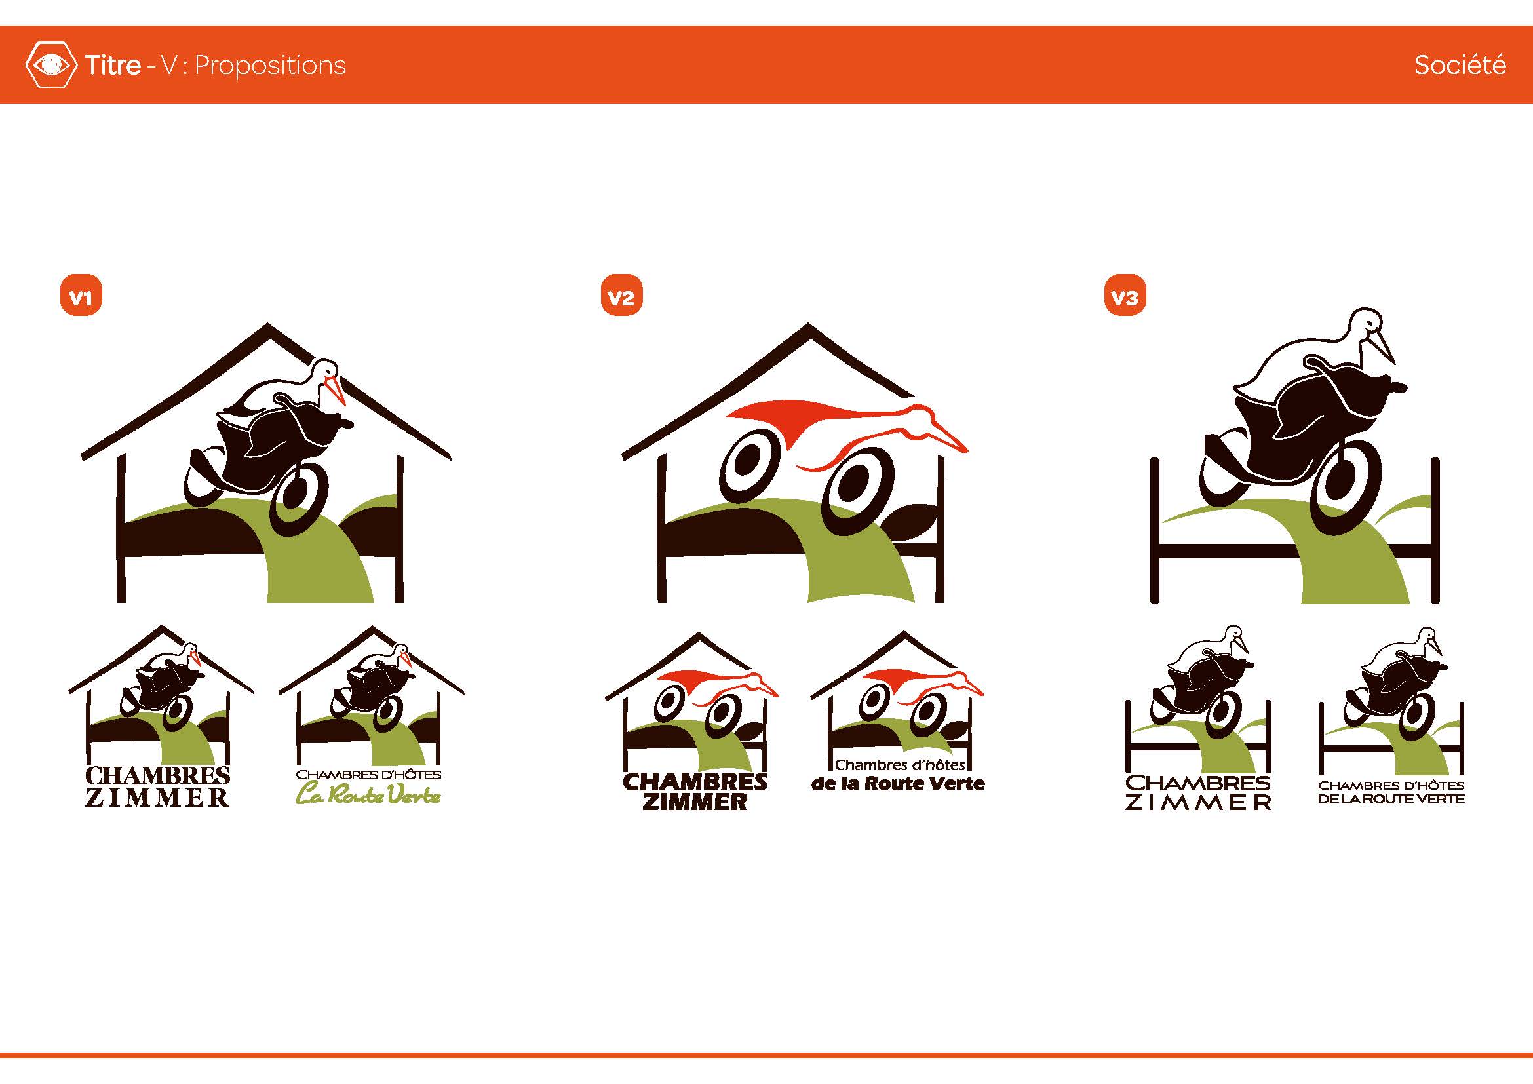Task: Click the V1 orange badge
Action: pyautogui.click(x=81, y=294)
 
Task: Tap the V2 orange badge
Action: pyautogui.click(x=621, y=294)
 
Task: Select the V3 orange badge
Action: pyautogui.click(x=1125, y=294)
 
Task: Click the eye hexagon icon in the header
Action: pyautogui.click(x=50, y=65)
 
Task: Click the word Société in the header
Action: pyautogui.click(x=1460, y=65)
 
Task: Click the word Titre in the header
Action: pyautogui.click(x=113, y=65)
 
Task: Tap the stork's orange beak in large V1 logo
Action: pyautogui.click(x=336, y=391)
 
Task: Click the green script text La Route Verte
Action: pyautogui.click(x=368, y=795)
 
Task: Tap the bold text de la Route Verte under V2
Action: pyautogui.click(x=898, y=783)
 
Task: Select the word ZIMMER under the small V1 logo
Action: pyautogui.click(x=157, y=797)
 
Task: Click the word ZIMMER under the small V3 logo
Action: pyautogui.click(x=1198, y=802)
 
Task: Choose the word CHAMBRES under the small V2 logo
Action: pyautogui.click(x=694, y=782)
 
